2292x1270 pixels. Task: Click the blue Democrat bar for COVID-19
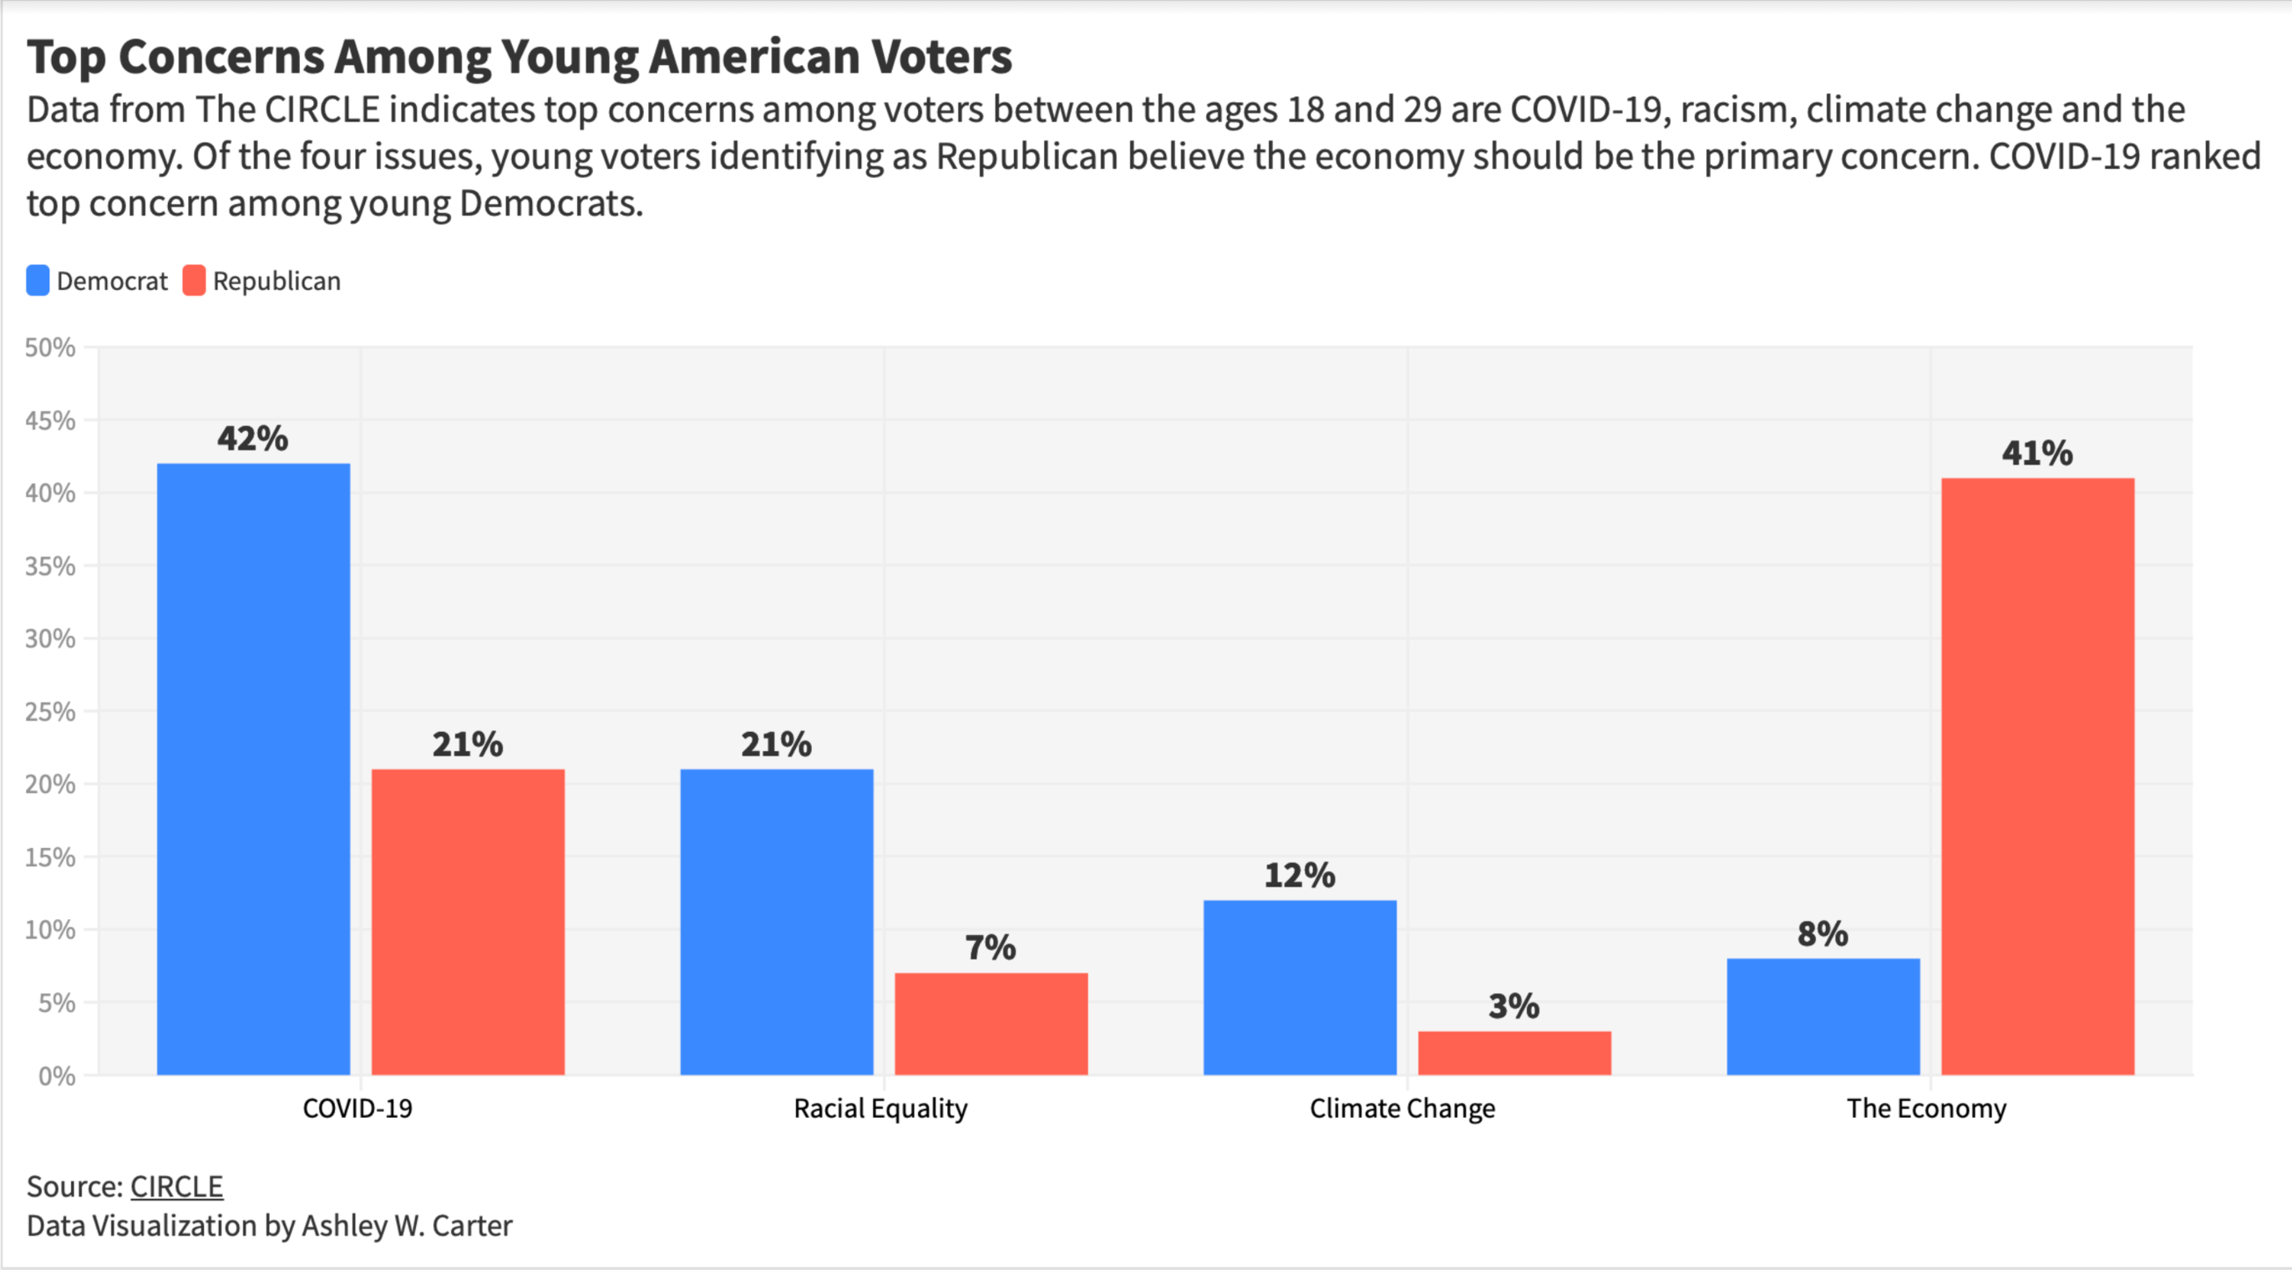point(254,770)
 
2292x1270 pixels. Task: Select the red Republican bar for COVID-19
point(468,922)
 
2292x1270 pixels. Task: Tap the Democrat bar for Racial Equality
point(777,922)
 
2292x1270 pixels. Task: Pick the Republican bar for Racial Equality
point(991,1024)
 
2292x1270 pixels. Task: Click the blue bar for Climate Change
point(1300,988)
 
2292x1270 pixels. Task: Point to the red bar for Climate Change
point(1514,1054)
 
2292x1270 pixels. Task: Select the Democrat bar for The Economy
point(1823,1016)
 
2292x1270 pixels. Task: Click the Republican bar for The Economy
point(2037,777)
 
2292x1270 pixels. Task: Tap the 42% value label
point(253,438)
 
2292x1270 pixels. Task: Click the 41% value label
point(2037,453)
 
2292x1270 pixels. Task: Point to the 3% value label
point(1514,1007)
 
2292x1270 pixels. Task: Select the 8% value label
point(1823,933)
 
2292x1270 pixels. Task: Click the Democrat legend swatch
point(38,281)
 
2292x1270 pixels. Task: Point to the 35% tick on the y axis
point(51,566)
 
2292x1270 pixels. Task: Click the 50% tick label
point(51,347)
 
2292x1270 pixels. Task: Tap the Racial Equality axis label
point(880,1108)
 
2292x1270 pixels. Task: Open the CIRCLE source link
point(176,1186)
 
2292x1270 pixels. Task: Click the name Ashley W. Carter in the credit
point(407,1226)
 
